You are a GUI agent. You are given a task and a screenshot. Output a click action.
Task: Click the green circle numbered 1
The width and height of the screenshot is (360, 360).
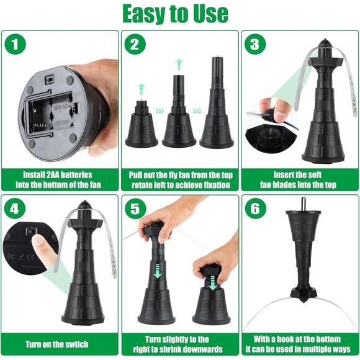click(x=15, y=44)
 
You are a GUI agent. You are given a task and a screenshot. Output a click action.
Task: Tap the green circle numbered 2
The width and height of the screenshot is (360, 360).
click(x=135, y=44)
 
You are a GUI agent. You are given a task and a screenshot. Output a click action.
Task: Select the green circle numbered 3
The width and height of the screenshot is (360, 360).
click(x=255, y=44)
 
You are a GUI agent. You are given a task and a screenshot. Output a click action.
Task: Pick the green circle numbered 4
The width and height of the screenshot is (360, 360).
click(x=14, y=209)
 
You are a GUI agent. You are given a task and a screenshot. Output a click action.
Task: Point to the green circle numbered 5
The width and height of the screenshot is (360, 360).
click(x=135, y=209)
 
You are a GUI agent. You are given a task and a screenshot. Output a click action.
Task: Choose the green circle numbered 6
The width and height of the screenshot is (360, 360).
click(x=256, y=209)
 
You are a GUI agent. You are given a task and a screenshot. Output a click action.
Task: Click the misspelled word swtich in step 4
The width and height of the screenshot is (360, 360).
click(x=75, y=344)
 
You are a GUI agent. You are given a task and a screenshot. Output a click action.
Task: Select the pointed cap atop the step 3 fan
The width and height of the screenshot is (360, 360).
click(x=325, y=43)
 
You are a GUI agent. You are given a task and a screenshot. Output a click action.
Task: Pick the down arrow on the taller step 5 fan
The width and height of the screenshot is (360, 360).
click(x=158, y=271)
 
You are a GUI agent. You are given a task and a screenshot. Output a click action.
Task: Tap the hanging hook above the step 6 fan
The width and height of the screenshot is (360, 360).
click(x=304, y=204)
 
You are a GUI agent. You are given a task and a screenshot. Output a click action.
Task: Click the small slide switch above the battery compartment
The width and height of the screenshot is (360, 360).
click(x=49, y=79)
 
